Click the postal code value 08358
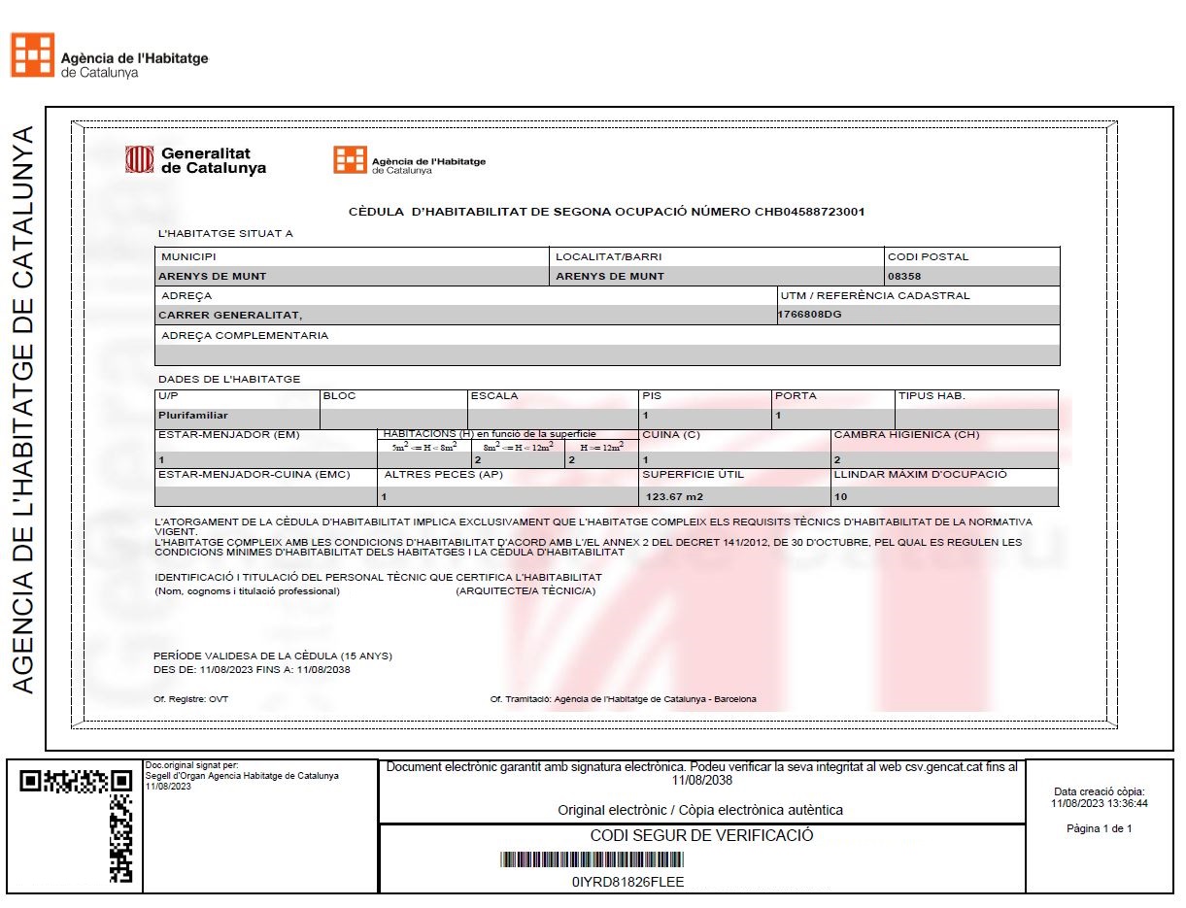tap(904, 276)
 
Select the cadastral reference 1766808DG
tap(810, 314)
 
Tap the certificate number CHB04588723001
tap(809, 212)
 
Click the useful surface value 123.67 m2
tap(674, 497)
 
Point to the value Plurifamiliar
tap(193, 415)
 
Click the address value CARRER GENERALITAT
tap(230, 315)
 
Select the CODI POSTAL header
tap(928, 257)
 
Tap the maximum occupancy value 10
tap(840, 497)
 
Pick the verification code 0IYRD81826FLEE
tap(627, 882)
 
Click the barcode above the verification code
tap(592, 859)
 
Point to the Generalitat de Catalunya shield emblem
tap(140, 159)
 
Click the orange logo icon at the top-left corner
tap(32, 54)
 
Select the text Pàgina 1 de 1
tap(1099, 828)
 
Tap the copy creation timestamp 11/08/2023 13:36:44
tap(1099, 803)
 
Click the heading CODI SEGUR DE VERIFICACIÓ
tap(701, 835)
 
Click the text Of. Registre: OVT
tap(191, 699)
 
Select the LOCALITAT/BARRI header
tap(608, 257)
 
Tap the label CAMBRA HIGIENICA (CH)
tap(906, 434)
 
